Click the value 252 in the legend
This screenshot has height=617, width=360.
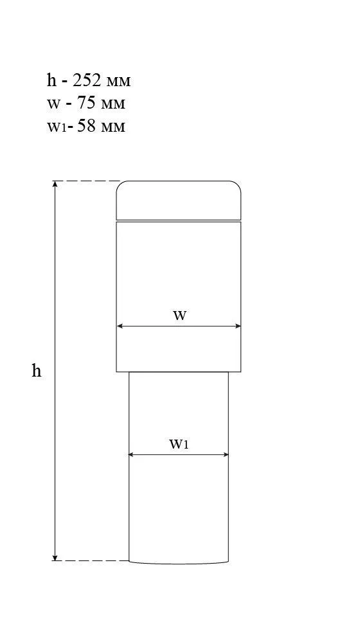[87, 81]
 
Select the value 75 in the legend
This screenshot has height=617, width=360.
[85, 103]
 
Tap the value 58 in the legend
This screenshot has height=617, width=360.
[86, 127]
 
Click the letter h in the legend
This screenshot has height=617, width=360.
[51, 80]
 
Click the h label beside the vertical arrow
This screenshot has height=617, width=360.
[36, 370]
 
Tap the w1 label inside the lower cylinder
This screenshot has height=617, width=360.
[179, 444]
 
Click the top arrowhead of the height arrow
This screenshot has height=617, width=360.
[55, 184]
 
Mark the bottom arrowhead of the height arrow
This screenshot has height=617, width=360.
[55, 557]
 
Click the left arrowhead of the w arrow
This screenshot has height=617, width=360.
[120, 326]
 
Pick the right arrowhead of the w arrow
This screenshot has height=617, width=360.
[237, 326]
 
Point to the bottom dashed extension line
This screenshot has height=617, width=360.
[91, 560]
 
